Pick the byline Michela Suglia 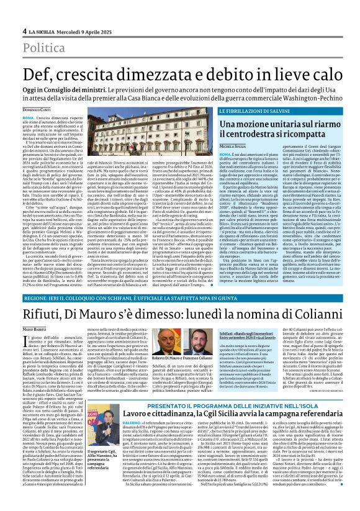pos(233,145)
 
